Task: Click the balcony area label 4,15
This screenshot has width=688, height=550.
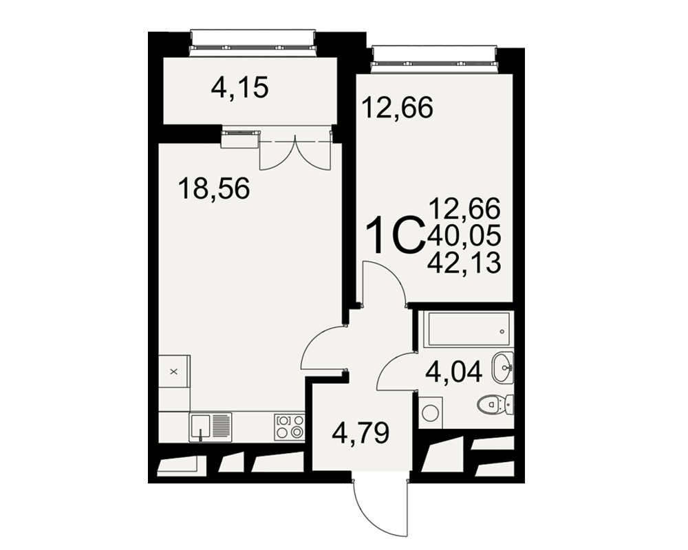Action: point(239,88)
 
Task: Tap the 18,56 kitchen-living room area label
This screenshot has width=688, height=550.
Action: point(214,189)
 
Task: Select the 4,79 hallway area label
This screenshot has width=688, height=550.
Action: point(361,434)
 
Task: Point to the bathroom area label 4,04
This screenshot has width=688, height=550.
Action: point(453,371)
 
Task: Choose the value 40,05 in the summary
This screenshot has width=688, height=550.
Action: point(464,236)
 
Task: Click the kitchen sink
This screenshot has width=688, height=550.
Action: point(211,427)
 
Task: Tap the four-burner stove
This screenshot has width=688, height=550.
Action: point(290,427)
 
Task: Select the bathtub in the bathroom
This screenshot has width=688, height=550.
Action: point(469,329)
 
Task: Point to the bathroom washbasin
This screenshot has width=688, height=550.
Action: point(502,368)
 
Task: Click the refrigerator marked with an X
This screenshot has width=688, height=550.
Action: point(174,371)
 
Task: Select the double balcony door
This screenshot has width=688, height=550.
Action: point(296,152)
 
